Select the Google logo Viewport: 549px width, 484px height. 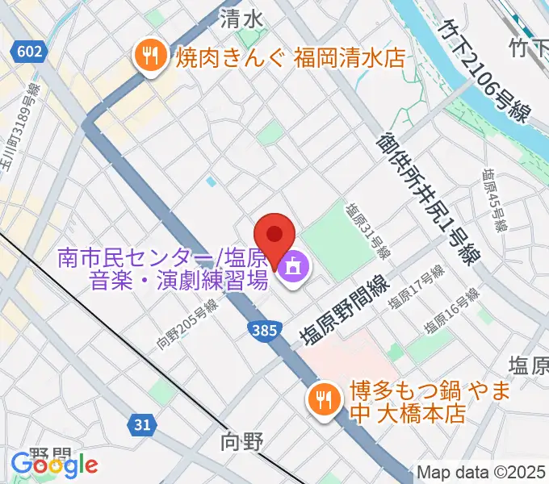pos(54,465)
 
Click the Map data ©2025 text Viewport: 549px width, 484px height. pos(482,472)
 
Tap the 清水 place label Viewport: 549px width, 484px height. pos(241,18)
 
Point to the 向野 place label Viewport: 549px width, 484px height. pos(242,441)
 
